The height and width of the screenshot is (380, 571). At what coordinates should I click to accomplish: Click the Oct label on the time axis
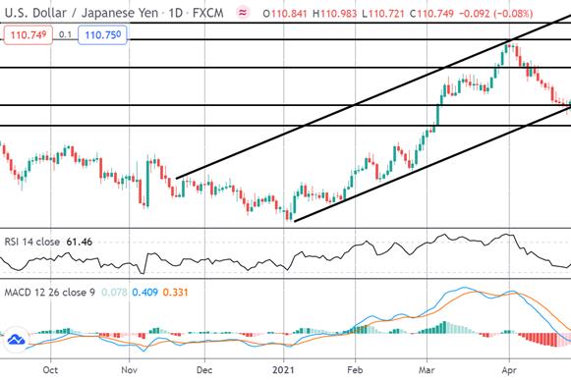pyautogui.click(x=50, y=370)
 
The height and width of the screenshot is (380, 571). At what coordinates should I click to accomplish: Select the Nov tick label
pyautogui.click(x=130, y=370)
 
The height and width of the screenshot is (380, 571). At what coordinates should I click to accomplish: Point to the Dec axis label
pyautogui.click(x=204, y=370)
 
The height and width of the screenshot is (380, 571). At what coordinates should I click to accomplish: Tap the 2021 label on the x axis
pyautogui.click(x=283, y=370)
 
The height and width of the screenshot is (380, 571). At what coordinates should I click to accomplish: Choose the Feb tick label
pyautogui.click(x=355, y=370)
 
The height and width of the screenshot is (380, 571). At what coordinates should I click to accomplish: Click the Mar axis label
pyautogui.click(x=427, y=370)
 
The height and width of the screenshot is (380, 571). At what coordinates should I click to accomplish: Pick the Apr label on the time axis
pyautogui.click(x=509, y=370)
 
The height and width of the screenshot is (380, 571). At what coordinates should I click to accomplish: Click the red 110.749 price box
pyautogui.click(x=29, y=35)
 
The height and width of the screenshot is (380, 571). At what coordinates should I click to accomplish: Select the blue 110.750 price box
pyautogui.click(x=102, y=35)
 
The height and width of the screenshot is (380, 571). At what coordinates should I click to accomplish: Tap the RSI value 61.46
pyautogui.click(x=80, y=242)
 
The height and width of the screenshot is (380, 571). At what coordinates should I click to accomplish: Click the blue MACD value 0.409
pyautogui.click(x=144, y=293)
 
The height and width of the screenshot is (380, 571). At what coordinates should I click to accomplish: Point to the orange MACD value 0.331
pyautogui.click(x=176, y=293)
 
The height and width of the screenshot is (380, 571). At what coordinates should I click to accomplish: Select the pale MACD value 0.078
pyautogui.click(x=114, y=293)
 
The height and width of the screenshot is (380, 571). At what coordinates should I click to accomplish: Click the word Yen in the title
pyautogui.click(x=146, y=13)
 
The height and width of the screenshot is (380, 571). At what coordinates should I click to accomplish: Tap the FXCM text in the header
pyautogui.click(x=208, y=13)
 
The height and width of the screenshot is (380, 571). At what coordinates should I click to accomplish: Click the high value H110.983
pyautogui.click(x=335, y=14)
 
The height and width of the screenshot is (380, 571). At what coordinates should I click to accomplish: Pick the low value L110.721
pyautogui.click(x=383, y=14)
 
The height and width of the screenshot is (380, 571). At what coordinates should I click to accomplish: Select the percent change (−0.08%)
pyautogui.click(x=513, y=14)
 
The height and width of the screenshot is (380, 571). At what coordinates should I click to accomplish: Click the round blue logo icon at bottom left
pyautogui.click(x=17, y=340)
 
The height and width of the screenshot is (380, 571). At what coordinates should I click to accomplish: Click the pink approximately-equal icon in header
pyautogui.click(x=243, y=13)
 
